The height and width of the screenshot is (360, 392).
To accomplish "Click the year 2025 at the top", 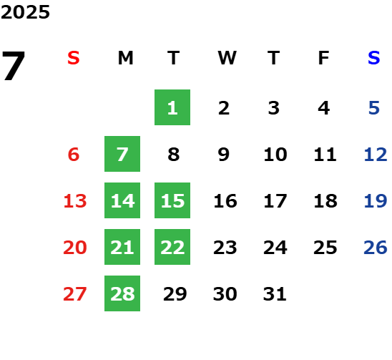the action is (x=25, y=12).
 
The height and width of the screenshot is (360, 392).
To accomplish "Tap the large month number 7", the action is (x=14, y=66).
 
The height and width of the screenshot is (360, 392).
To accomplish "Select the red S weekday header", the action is (x=74, y=58).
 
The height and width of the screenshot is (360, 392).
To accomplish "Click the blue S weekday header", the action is (x=374, y=58).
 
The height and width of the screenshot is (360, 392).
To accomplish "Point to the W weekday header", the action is (x=227, y=58).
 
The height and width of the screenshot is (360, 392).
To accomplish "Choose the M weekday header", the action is (x=125, y=58).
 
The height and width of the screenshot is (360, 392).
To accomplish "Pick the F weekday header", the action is (x=324, y=58).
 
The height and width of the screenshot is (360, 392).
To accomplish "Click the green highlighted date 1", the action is (x=172, y=107).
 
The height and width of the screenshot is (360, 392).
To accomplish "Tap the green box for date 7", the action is (x=122, y=154).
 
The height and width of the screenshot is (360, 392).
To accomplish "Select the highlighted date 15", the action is (x=172, y=200).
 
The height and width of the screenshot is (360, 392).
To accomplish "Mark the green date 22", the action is (x=172, y=247).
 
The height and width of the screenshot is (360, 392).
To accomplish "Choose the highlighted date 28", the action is (x=122, y=293).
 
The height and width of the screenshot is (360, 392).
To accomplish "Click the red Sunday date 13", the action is (x=75, y=201).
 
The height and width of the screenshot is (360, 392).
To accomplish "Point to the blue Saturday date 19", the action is (x=376, y=201).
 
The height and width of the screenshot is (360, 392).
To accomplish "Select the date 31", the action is (x=275, y=294).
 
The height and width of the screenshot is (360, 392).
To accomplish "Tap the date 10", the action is (x=275, y=155).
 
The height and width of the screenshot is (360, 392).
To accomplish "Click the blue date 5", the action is (x=374, y=108).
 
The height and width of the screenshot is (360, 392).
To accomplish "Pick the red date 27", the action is (x=75, y=294).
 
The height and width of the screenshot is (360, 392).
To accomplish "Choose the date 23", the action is (x=225, y=248).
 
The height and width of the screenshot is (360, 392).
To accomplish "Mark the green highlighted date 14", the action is (x=122, y=200).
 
